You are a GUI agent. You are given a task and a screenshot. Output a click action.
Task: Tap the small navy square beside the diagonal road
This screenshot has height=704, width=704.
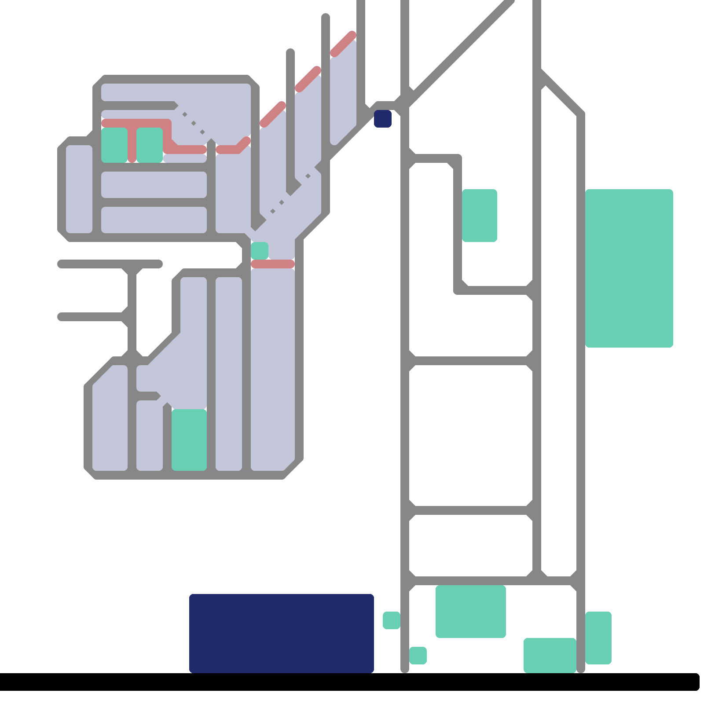tap(383, 119)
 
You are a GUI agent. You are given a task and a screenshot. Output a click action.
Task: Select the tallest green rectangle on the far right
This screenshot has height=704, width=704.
tap(629, 268)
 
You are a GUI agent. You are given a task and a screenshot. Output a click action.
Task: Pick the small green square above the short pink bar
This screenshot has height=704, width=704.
tap(260, 250)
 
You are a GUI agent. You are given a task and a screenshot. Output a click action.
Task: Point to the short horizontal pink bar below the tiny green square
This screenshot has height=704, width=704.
tap(273, 264)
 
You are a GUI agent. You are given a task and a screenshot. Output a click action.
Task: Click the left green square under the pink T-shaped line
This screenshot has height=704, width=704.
tap(114, 145)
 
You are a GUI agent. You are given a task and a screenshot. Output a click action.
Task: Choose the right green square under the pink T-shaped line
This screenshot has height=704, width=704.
tap(150, 145)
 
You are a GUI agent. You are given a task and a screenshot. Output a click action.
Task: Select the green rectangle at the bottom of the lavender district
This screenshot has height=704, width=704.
tap(189, 440)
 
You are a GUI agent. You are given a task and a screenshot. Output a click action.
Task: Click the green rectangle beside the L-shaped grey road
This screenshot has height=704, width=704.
tap(480, 216)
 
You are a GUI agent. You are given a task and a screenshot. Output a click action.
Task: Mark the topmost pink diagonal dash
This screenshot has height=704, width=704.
tap(343, 44)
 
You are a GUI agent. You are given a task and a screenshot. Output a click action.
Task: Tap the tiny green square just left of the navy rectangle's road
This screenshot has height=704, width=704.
tap(391, 620)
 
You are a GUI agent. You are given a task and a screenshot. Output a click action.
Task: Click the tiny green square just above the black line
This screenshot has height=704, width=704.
tap(418, 656)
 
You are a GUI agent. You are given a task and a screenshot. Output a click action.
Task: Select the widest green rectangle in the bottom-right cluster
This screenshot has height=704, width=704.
tap(471, 612)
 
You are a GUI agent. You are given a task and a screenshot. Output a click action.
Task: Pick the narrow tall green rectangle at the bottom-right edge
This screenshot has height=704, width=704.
tap(598, 638)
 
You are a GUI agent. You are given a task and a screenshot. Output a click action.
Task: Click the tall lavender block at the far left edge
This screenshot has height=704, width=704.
tap(79, 189)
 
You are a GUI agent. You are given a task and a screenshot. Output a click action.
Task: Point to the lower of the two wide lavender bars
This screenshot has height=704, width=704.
tap(154, 220)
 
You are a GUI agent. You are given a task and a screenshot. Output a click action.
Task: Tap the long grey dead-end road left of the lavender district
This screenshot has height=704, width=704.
tap(110, 264)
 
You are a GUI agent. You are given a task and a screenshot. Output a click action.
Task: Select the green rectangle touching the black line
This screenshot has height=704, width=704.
tap(550, 656)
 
